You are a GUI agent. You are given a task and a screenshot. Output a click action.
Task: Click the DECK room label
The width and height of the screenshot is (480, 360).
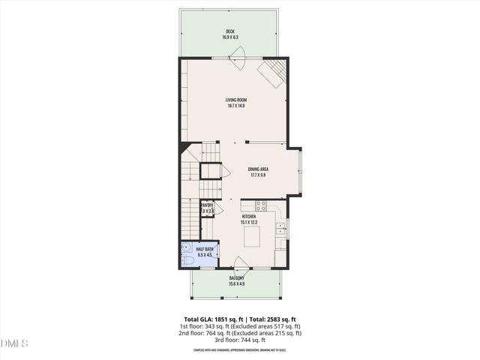(229, 31)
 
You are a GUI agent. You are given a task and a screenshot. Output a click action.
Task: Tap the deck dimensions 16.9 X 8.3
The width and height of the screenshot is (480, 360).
(229, 37)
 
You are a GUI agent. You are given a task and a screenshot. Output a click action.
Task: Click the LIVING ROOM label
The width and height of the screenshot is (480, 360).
(236, 100)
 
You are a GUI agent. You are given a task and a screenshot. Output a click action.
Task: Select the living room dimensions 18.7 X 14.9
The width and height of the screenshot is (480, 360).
(236, 106)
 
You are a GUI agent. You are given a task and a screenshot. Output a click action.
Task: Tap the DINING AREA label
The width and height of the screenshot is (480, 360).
(258, 169)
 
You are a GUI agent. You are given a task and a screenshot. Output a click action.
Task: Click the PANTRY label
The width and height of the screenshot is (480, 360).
(206, 205)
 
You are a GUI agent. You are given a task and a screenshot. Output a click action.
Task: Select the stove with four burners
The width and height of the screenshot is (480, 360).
(261, 205)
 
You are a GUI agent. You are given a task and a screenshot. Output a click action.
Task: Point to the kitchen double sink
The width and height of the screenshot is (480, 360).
(281, 229)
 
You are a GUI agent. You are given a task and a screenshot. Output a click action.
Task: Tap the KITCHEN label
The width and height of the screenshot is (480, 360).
(249, 217)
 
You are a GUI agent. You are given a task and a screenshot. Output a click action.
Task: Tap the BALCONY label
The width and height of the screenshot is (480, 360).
(237, 277)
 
